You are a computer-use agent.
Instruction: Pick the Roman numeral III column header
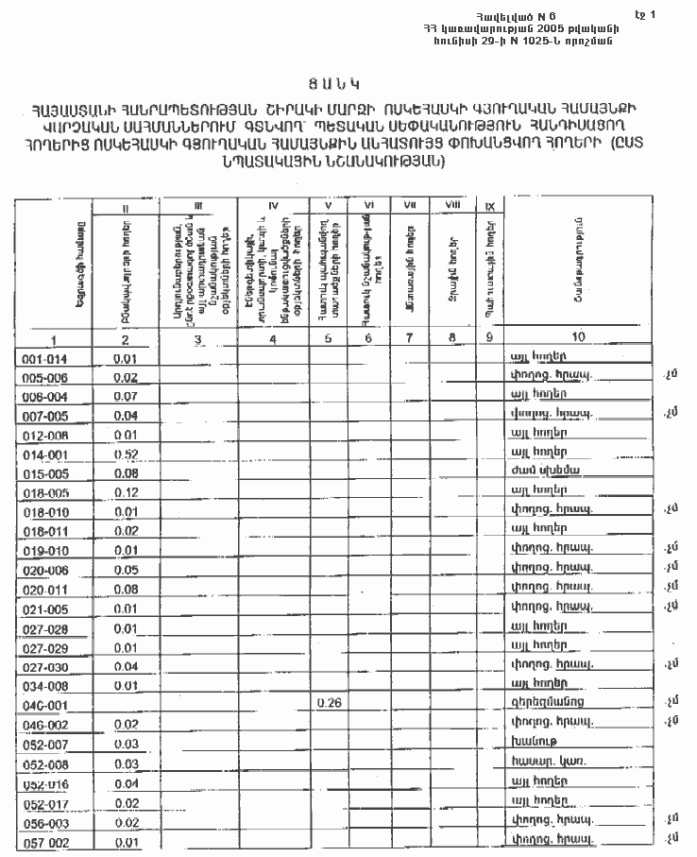click(197, 204)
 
